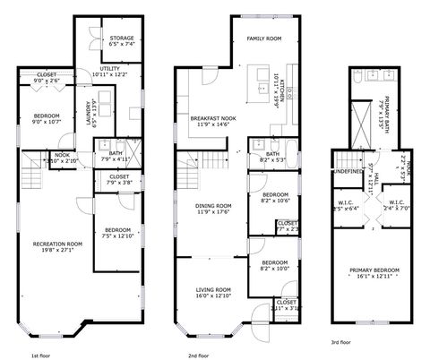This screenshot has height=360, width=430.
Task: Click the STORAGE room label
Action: pyautogui.click(x=122, y=39)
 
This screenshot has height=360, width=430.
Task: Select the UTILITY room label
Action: pyautogui.click(x=110, y=67)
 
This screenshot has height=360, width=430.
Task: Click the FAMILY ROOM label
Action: pyautogui.click(x=264, y=39)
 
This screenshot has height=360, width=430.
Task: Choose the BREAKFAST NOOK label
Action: pyautogui.click(x=211, y=118)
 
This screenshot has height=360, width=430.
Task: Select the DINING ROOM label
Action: pyautogui.click(x=212, y=206)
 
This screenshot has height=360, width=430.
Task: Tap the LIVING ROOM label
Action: pyautogui.click(x=212, y=290)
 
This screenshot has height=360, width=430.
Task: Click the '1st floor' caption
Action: pyautogui.click(x=42, y=355)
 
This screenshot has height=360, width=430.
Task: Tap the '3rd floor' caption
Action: pyautogui.click(x=340, y=341)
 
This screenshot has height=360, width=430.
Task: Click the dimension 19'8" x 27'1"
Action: pyautogui.click(x=57, y=251)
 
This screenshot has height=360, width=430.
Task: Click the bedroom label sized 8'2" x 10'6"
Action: pyautogui.click(x=275, y=194)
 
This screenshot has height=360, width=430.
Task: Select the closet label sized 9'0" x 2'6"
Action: pyautogui.click(x=47, y=75)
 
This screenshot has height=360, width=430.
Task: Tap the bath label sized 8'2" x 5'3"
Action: pyautogui.click(x=273, y=154)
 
